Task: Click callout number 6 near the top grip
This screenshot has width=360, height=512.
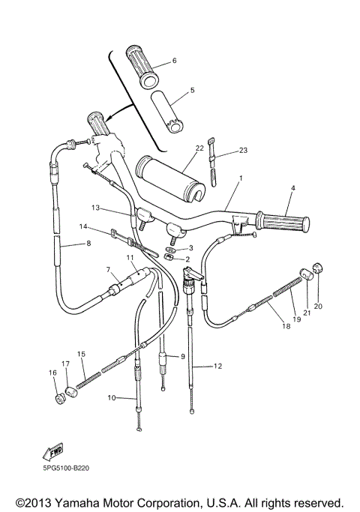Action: (174, 61)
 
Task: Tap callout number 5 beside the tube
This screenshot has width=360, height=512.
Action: (192, 91)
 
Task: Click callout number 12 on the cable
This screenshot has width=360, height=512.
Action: (218, 367)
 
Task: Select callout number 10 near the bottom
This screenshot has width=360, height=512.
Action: (111, 398)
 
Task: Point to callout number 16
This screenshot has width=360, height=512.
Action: (52, 373)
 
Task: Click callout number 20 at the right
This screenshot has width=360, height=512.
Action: (317, 306)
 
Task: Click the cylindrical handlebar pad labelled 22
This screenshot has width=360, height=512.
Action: (171, 178)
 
